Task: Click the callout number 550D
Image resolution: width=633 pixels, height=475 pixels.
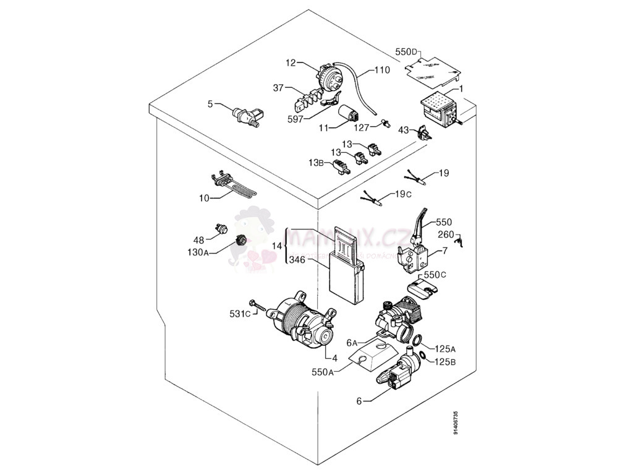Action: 407,53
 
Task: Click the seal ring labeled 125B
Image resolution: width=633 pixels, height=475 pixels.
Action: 422,354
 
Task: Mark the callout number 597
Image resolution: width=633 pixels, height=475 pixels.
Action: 295,119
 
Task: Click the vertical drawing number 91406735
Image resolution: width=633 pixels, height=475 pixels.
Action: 456,422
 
